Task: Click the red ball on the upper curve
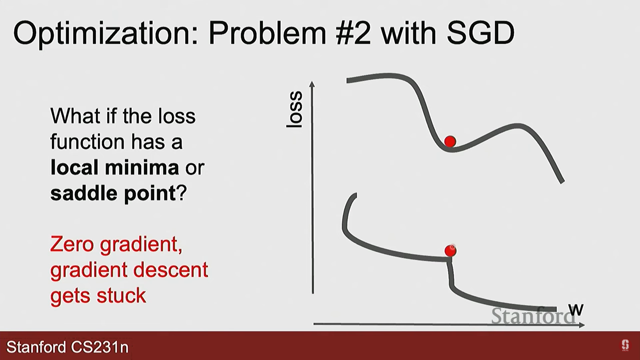coord(450,141)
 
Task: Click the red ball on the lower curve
coord(450,251)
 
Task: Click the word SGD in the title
coord(481,33)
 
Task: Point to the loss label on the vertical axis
coord(295,109)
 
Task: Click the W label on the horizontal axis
coord(576,310)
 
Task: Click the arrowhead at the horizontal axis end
coord(582,325)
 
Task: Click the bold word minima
coord(142,167)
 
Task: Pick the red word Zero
coord(72,244)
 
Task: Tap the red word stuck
coord(121,295)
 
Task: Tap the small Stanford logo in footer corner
coord(625,345)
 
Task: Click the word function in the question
coord(87,142)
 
